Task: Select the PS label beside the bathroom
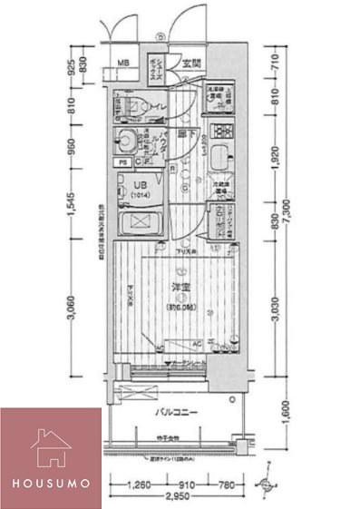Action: coord(122,163)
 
